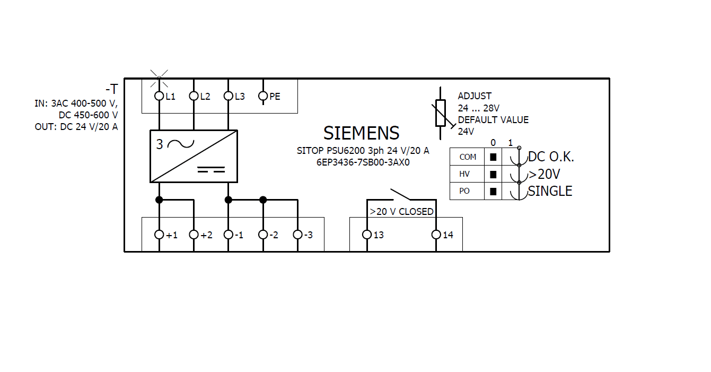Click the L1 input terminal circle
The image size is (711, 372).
159,96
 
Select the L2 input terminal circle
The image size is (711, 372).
194,96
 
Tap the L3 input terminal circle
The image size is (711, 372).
228,96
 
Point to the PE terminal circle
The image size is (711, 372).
263,96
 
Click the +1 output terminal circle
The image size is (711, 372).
159,235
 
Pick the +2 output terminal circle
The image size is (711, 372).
194,235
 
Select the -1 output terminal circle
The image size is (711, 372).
228,235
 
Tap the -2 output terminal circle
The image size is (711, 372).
263,235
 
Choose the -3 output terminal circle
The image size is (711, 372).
297,235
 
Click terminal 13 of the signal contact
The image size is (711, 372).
366,235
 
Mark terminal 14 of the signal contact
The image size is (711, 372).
436,235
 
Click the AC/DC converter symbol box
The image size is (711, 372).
194,157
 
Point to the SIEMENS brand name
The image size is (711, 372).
362,133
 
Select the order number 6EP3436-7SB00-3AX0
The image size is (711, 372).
363,163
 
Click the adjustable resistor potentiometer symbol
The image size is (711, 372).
441,113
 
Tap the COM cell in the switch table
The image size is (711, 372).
467,157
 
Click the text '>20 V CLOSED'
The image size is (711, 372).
401,211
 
